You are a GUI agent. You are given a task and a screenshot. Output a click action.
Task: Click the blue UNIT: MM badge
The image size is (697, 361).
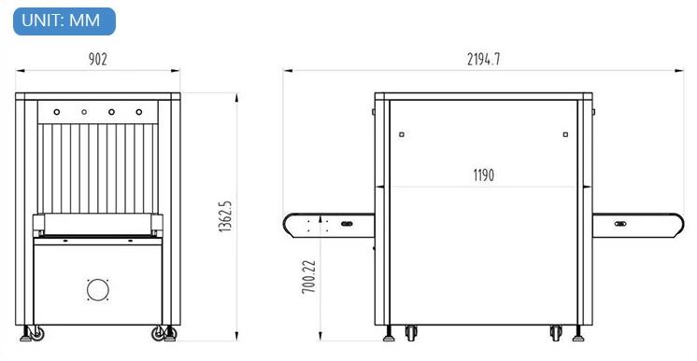pos(64,21)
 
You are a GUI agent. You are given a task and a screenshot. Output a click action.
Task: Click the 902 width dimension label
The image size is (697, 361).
pos(98,59)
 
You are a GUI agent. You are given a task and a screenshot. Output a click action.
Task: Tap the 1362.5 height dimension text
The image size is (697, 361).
pos(225,216)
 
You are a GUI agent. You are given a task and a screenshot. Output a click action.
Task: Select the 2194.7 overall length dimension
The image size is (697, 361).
pos(483,59)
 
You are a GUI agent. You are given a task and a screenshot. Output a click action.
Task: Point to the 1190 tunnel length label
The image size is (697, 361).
pos(484,175)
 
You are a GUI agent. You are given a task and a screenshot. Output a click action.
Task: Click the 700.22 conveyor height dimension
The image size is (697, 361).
pos(308,276)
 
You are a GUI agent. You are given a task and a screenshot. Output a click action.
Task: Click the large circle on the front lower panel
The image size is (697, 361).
pos(98,290)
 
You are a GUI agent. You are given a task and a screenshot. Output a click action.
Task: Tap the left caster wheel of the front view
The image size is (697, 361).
pos(36,333)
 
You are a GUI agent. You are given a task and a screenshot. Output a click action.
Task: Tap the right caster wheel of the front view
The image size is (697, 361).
pos(159,333)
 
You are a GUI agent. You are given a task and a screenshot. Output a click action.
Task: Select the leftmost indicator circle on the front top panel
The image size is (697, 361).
pos(57,112)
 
